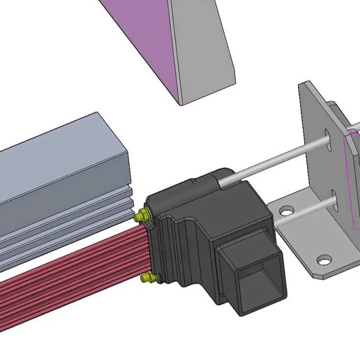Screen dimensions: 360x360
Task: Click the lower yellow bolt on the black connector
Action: pos(148,278)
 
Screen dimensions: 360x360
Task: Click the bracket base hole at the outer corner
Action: pos(324,260)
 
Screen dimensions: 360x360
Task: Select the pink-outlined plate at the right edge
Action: pos(353,174)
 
